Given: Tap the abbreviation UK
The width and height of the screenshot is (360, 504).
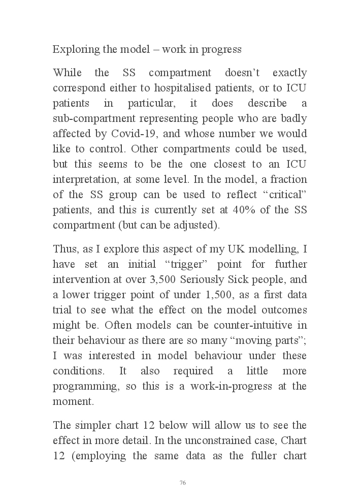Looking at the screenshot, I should (x=227, y=249).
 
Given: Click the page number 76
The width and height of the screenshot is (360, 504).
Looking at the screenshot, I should (x=182, y=483).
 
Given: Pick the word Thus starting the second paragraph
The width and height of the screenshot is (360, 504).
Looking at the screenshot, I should (x=64, y=249).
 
